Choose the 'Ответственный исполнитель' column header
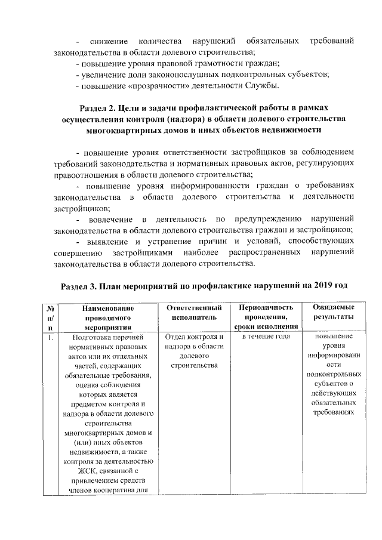click(x=193, y=313)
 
